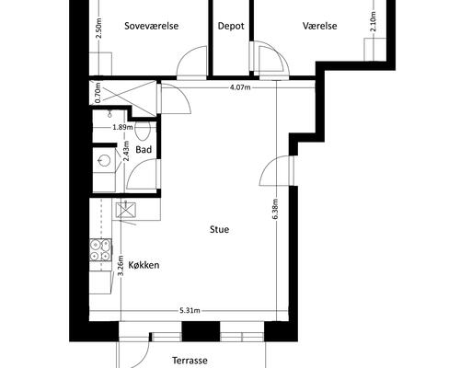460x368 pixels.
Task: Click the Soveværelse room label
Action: [x=152, y=26]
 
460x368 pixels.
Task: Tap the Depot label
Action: [x=231, y=27]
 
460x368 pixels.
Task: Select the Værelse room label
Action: [x=320, y=26]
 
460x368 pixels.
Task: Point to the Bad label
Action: [x=144, y=150]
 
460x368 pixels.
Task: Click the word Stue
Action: [x=219, y=230]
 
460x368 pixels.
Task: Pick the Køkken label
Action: [x=144, y=265]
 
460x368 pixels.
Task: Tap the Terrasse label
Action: [x=190, y=361]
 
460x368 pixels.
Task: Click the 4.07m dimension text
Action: [x=240, y=87]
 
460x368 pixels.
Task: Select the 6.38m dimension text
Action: [x=275, y=210]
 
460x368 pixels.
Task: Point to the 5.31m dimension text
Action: [x=190, y=311]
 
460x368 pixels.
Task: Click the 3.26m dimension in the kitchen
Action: [x=121, y=266]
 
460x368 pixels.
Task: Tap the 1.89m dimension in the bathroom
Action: [x=122, y=127]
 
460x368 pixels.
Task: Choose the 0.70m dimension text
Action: [x=98, y=93]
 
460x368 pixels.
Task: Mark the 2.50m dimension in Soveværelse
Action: [x=98, y=29]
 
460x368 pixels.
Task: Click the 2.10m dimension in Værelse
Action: [x=373, y=21]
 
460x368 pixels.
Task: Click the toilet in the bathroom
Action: [x=142, y=131]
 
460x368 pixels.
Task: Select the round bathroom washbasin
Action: [x=103, y=160]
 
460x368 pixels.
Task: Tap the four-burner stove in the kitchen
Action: [x=100, y=250]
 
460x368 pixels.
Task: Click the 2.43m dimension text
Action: [x=126, y=151]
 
